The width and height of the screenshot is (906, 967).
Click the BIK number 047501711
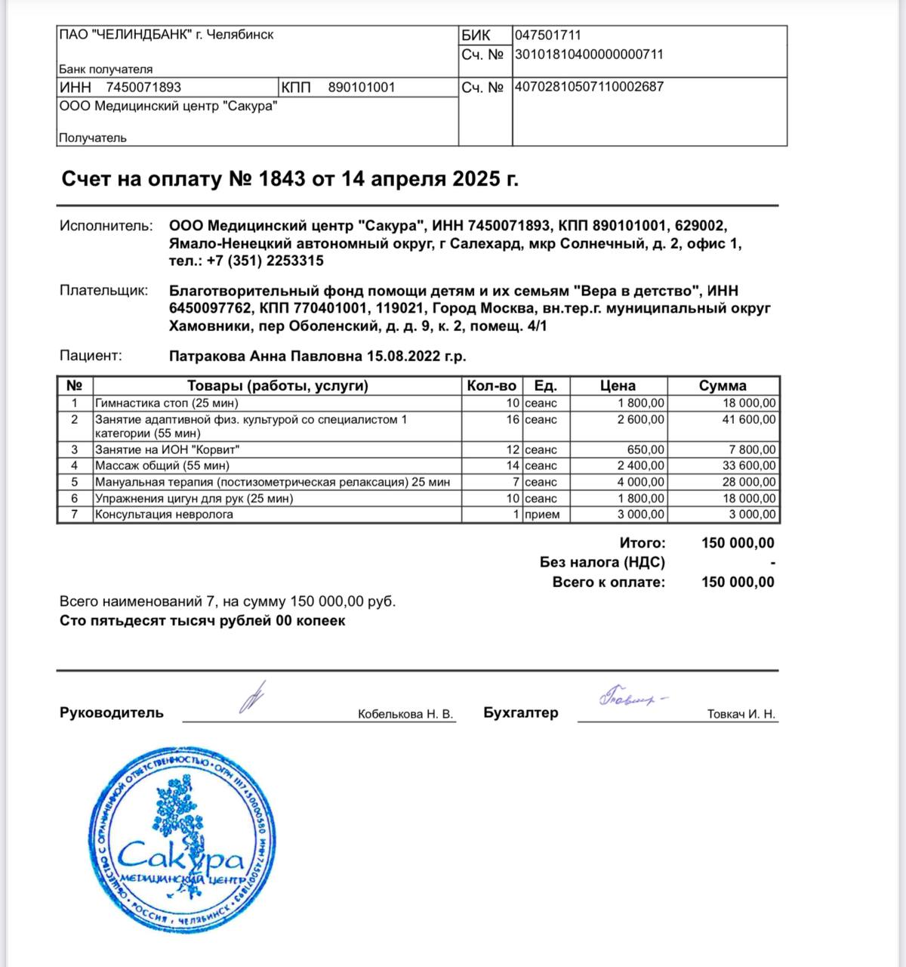point(548,35)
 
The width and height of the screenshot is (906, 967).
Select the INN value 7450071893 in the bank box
point(143,88)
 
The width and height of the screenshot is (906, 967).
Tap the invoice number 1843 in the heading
point(282,179)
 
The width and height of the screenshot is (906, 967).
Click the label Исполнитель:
point(106,226)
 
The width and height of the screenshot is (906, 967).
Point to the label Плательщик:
point(104,291)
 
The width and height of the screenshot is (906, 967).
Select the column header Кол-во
point(492,386)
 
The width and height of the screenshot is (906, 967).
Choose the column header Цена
point(618,386)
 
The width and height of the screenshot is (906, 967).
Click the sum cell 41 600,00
point(748,420)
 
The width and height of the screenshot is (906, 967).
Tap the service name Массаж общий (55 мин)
point(162,466)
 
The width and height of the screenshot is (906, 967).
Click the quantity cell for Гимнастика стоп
point(513,403)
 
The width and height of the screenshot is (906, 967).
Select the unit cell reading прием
point(542,515)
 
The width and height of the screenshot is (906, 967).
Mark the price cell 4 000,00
point(641,482)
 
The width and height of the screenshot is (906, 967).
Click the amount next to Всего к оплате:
point(738,582)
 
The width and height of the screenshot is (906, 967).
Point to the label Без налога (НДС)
point(602,563)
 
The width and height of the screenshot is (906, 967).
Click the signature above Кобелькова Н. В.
point(251,697)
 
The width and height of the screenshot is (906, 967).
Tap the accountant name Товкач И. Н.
point(741,715)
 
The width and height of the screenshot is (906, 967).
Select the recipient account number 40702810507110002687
point(589,87)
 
